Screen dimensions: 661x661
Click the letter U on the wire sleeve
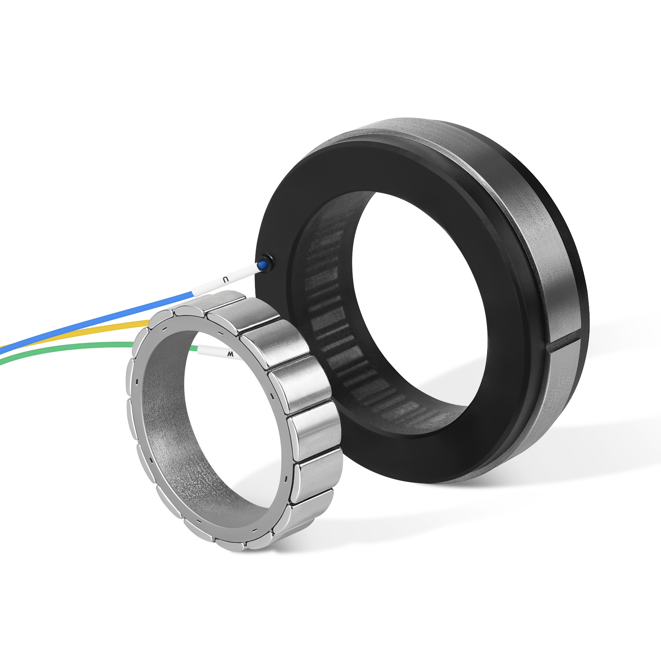[225, 279]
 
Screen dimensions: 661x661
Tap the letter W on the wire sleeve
[231, 354]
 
